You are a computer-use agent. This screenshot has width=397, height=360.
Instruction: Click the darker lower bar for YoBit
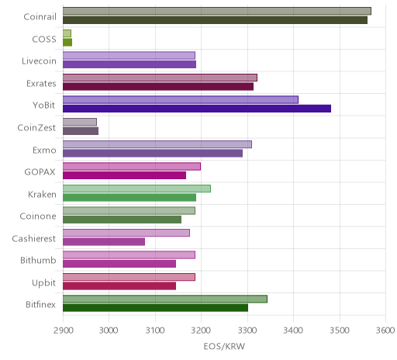[197, 109]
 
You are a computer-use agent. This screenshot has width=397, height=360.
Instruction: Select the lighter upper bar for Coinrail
[217, 11]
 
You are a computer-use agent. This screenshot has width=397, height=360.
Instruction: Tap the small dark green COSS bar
[67, 43]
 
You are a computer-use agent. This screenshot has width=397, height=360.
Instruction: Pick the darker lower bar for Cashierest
[104, 242]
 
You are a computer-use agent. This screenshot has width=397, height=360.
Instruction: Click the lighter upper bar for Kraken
[136, 189]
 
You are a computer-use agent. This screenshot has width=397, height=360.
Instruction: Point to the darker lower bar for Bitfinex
[155, 308]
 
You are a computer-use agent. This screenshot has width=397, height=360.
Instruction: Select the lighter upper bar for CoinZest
[80, 122]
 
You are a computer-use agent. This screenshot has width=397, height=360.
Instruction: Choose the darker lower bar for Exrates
[158, 87]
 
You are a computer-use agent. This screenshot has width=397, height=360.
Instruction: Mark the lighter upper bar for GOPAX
[132, 166]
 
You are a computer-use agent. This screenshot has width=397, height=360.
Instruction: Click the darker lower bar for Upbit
[119, 286]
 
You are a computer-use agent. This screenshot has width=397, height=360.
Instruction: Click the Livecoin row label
[39, 61]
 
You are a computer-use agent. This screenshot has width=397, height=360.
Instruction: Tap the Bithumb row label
[38, 260]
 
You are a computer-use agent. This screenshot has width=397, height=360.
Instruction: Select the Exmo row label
[44, 151]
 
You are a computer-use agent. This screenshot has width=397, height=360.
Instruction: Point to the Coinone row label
[38, 216]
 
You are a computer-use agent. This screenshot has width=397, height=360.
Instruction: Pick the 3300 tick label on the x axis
[247, 331]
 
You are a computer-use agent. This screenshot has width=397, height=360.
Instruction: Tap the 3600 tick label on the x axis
[385, 331]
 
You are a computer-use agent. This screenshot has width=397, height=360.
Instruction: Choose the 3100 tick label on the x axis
[155, 331]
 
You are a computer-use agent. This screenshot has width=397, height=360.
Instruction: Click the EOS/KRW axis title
[224, 346]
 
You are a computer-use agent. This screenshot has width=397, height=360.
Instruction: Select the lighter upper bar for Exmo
[157, 144]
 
